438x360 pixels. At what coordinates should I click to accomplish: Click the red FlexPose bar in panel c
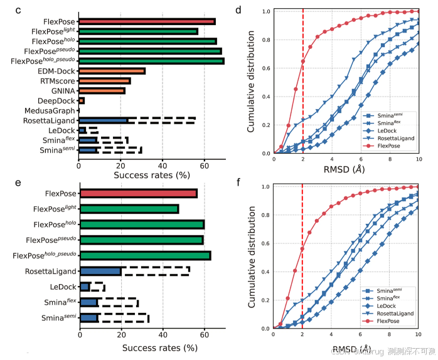(146, 21)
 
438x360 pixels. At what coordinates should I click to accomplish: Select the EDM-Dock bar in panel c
(112, 71)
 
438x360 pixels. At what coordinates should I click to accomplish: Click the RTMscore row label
(57, 81)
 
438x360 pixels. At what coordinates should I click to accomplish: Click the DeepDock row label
(56, 100)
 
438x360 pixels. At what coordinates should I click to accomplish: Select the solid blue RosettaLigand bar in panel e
(100, 271)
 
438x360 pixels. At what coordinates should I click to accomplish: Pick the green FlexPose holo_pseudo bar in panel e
(145, 255)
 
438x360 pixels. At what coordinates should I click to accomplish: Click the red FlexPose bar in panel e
(138, 193)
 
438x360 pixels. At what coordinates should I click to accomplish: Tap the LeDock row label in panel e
(63, 287)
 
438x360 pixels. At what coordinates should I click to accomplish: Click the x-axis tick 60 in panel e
(203, 336)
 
